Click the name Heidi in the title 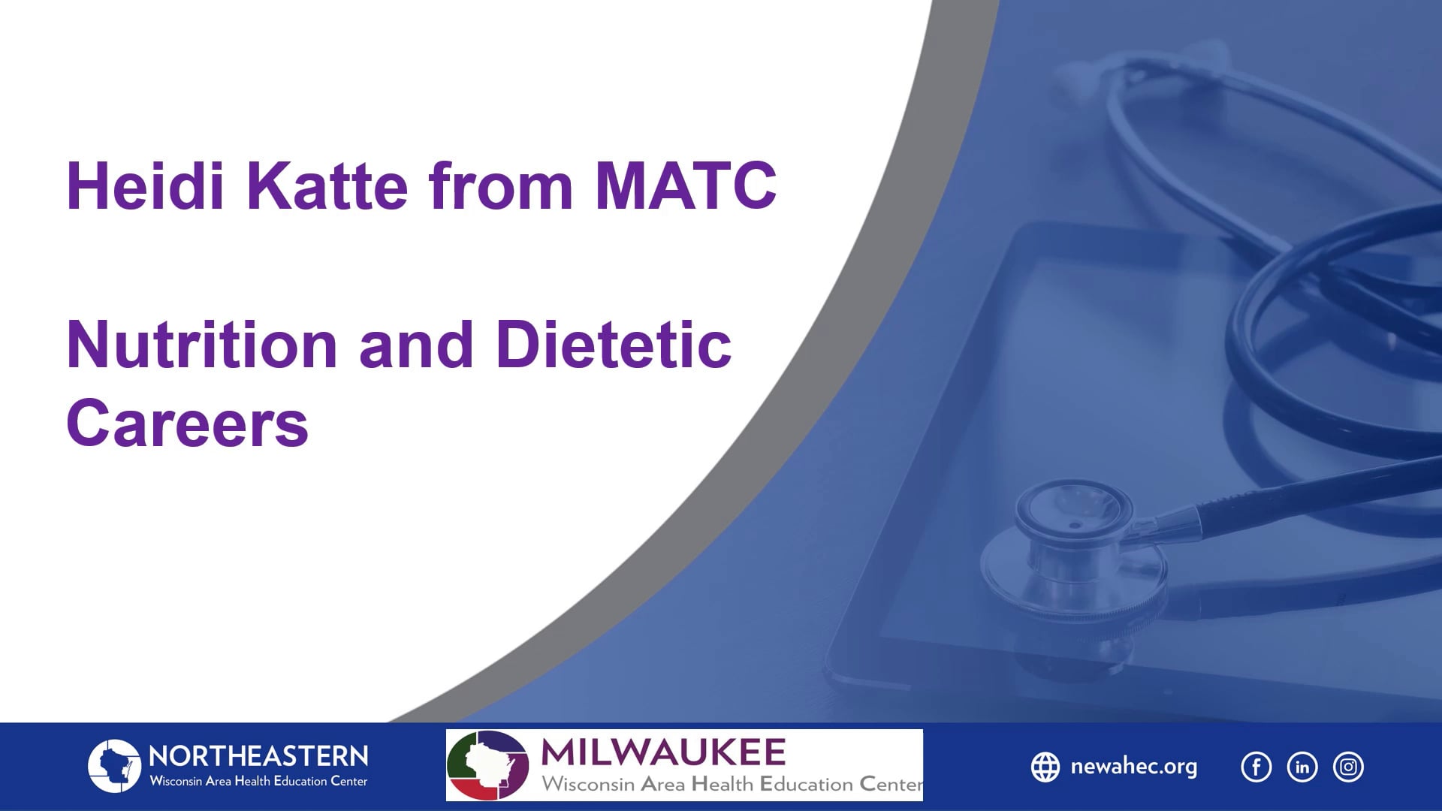click(145, 185)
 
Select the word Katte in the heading click(327, 185)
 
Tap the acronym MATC click(685, 185)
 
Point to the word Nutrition click(202, 345)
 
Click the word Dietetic click(614, 345)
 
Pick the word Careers click(187, 424)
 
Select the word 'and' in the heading click(416, 345)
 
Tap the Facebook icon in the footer click(1256, 767)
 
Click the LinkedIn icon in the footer click(1302, 767)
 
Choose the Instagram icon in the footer click(1348, 767)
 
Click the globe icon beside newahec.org click(1045, 767)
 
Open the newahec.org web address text click(1133, 767)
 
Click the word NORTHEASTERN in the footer click(258, 755)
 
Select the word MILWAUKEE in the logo click(663, 752)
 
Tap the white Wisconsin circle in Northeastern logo click(114, 766)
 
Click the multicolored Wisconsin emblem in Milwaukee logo click(487, 765)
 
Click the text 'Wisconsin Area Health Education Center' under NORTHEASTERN click(258, 782)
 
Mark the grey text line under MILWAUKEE click(732, 785)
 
